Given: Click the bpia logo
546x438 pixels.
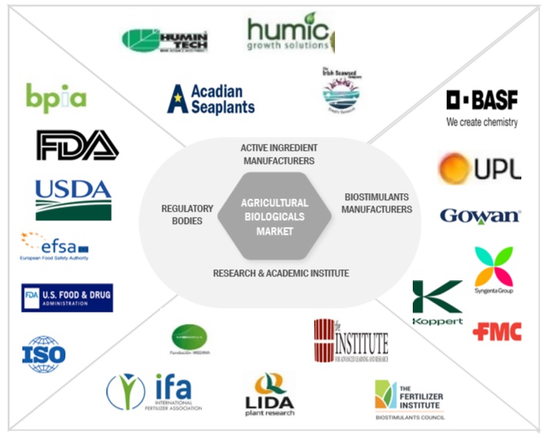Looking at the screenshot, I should coord(55,97).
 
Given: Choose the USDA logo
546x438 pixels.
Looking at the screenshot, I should coord(73,199).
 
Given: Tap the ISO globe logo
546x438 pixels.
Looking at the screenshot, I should coord(44,354).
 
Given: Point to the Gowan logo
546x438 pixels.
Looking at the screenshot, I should coord(480,216).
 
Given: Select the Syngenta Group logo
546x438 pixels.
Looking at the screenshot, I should coord(494,270).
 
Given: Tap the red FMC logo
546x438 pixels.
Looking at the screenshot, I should coord(497,332).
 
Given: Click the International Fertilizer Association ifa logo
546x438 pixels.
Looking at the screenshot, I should coord(154,393).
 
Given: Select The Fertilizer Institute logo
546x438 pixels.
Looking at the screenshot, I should coord(409,400).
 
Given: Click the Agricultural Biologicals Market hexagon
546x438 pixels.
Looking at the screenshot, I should coord(274,216).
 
